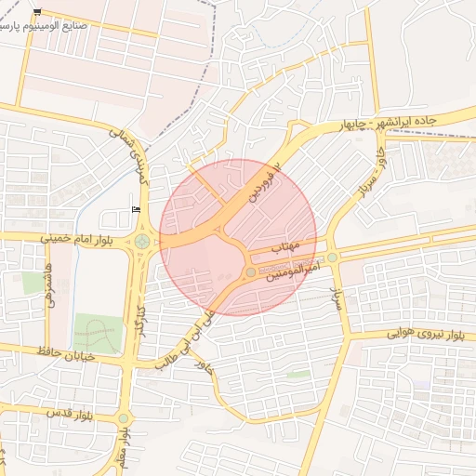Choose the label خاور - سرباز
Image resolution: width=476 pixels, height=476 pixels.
[368, 178]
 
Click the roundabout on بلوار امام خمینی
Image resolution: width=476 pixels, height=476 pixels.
[141, 242]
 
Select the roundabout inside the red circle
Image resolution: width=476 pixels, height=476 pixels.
[250, 271]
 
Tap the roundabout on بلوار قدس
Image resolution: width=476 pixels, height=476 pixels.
[124, 418]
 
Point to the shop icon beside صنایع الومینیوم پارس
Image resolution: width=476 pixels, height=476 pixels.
[37, 11]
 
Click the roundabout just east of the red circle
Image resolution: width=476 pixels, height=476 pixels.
[332, 258]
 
